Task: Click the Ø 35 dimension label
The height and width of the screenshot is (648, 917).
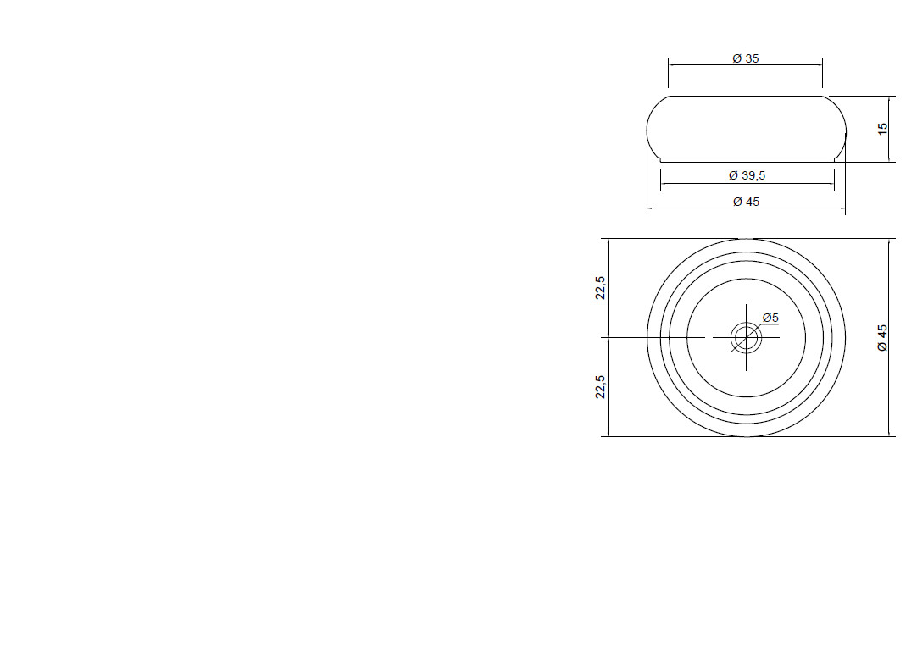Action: tap(746, 58)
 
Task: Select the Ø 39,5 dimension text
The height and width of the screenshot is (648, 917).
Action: tap(747, 175)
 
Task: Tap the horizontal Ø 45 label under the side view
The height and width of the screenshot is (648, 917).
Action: tap(747, 202)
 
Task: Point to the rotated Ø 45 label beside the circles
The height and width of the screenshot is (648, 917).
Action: tap(883, 338)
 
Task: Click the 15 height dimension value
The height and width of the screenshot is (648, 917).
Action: tap(883, 129)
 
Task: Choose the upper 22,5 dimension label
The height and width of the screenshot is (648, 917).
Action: tap(601, 287)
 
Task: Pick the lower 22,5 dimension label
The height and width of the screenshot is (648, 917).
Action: tap(601, 387)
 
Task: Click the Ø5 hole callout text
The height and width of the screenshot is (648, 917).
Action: tap(770, 318)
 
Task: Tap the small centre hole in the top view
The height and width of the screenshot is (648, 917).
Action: tap(747, 338)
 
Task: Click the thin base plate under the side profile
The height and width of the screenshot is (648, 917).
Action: tap(747, 159)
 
